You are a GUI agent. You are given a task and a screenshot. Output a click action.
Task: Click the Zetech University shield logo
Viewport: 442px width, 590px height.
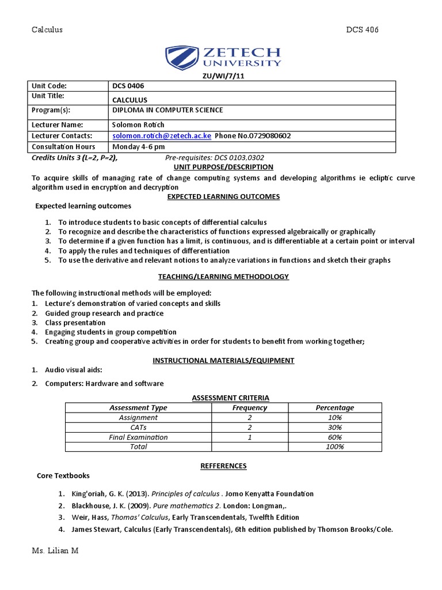pos(180,58)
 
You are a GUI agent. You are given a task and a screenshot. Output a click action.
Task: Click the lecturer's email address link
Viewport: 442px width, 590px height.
pos(162,136)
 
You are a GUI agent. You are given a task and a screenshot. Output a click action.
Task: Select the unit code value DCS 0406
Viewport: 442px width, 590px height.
pos(132,86)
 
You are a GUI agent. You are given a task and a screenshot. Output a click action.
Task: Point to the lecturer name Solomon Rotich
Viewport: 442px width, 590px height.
pos(138,124)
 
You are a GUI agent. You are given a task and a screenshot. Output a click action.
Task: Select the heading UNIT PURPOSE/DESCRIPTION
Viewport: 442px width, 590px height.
pos(223,167)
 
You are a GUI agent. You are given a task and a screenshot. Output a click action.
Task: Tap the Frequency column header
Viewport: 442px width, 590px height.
pos(249,407)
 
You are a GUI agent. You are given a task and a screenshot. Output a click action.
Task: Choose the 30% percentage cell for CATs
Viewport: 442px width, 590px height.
pos(335,428)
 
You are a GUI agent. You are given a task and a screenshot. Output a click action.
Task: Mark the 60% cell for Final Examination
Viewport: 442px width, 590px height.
pos(335,437)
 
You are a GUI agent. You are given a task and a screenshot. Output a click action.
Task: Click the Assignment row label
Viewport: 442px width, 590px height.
pos(138,418)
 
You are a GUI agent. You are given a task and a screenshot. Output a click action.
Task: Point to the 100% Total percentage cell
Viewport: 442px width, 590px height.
pos(335,447)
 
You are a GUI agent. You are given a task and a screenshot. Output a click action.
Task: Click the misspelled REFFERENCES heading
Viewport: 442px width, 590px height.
pos(223,466)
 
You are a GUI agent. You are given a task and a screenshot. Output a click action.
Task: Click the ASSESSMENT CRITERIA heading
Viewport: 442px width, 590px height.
pos(230,398)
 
